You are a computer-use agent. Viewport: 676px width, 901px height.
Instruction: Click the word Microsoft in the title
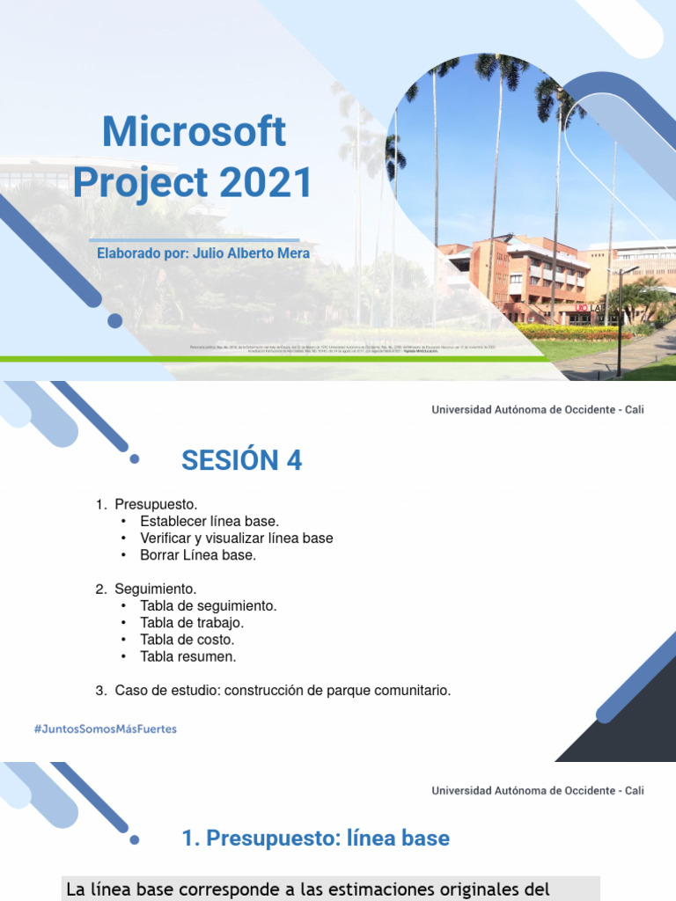coord(194,132)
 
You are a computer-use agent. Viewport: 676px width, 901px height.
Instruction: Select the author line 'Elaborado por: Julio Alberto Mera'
coord(202,253)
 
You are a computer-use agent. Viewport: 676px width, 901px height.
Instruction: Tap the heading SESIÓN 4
coord(241,460)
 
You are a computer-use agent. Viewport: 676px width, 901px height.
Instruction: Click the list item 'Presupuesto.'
coord(156,504)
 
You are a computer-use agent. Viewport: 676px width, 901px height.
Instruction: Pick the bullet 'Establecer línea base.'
coord(209,521)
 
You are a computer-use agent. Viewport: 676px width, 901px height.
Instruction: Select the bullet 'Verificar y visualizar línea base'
coord(236,538)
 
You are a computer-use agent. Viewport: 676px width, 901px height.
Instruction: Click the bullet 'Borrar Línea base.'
coord(198,554)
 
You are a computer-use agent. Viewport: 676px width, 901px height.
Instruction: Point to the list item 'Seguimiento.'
coord(156,589)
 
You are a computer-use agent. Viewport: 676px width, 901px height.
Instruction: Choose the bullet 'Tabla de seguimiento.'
coord(209,605)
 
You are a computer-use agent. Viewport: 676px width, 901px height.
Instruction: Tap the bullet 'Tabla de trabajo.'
coord(192,622)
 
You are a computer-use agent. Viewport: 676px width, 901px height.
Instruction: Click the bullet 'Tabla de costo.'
coord(187,640)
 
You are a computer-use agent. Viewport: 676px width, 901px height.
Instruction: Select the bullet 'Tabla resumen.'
coord(188,656)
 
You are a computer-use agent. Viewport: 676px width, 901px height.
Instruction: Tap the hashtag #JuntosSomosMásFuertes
coord(105,729)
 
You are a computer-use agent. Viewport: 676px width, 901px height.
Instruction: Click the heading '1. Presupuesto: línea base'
coord(315,839)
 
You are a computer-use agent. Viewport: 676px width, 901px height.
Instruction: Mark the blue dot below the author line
coord(114,320)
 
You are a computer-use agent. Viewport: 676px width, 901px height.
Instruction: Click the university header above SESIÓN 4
coord(537,409)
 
